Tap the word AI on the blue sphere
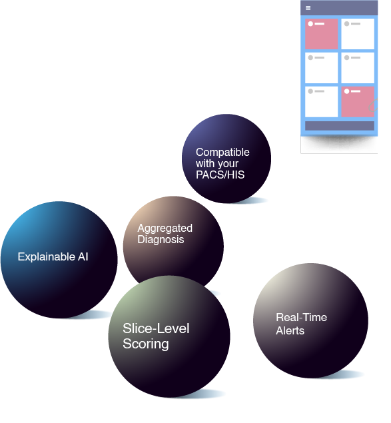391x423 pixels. (x=83, y=256)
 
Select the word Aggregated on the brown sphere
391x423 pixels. (x=165, y=228)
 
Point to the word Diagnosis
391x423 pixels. (x=161, y=240)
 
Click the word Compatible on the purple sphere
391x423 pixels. (x=222, y=152)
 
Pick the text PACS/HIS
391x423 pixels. (x=220, y=175)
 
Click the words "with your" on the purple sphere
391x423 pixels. (x=217, y=163)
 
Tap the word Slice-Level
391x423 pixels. (x=156, y=328)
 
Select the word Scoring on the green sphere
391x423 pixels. (x=146, y=344)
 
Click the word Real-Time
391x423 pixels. (x=302, y=317)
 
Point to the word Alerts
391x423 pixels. (x=290, y=330)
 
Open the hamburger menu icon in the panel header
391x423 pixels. (x=308, y=8)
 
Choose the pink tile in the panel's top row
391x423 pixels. (x=321, y=34)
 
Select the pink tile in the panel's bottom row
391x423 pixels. (x=358, y=102)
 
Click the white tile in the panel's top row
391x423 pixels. (x=358, y=34)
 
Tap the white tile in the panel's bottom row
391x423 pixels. (x=321, y=102)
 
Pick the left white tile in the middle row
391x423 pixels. (x=321, y=68)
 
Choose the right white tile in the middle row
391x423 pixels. (x=358, y=68)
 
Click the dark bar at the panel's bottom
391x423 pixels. (x=340, y=126)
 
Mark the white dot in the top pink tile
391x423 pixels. (x=310, y=24)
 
